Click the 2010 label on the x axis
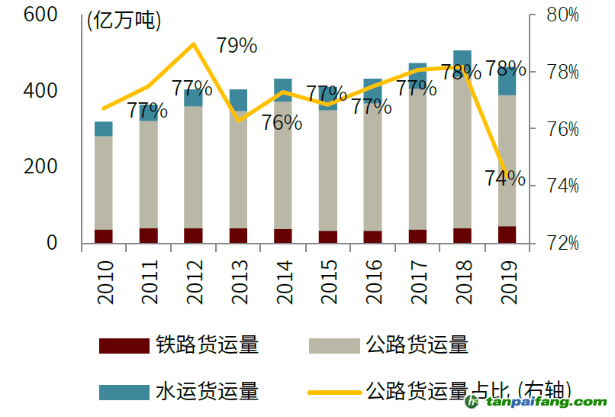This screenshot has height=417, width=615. [105, 282]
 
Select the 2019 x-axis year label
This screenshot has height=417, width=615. [507, 282]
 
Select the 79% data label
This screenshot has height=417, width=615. [237, 46]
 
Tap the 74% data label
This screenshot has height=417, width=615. [505, 179]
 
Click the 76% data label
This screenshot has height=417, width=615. [282, 122]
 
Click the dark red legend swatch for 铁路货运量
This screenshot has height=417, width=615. [124, 346]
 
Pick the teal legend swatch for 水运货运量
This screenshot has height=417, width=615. [124, 393]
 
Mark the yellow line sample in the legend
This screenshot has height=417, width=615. [333, 393]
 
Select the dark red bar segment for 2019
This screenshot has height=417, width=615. [507, 234]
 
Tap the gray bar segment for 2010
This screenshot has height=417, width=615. [104, 183]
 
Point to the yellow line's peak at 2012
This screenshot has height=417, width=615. [194, 44]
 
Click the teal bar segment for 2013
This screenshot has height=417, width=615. [238, 100]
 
